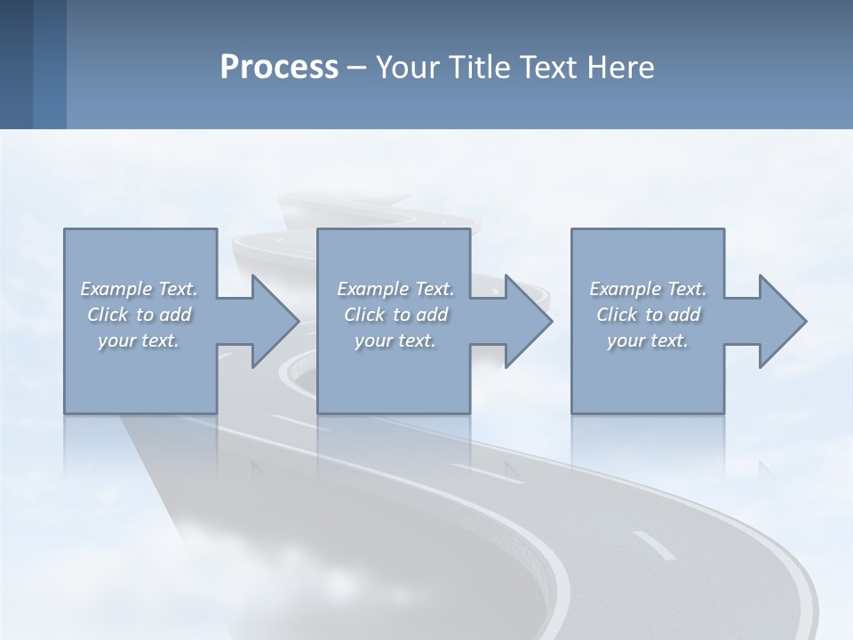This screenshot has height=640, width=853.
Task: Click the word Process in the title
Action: [x=279, y=68]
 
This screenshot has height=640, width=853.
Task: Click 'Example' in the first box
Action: [x=116, y=289]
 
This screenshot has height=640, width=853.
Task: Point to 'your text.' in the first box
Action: [x=139, y=340]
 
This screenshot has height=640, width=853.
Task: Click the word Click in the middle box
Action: [x=364, y=315]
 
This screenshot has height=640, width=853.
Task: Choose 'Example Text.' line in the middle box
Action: [x=395, y=289]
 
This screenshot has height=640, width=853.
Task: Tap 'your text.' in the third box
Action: [x=648, y=340]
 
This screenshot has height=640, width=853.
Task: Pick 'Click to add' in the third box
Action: [x=648, y=315]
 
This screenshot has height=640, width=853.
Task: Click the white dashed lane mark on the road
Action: [x=655, y=546]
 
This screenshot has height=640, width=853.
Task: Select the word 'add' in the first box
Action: [x=176, y=315]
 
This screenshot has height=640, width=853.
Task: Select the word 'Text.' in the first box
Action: [x=178, y=289]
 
